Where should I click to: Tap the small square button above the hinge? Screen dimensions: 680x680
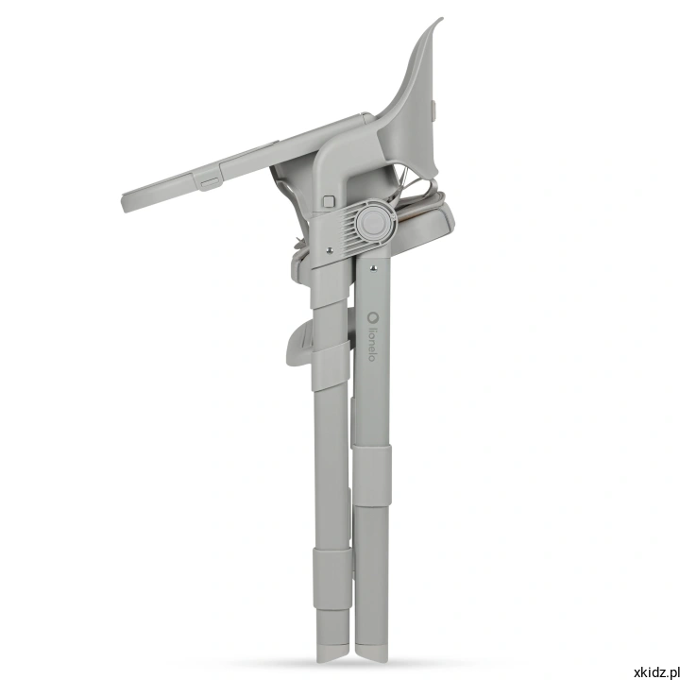(329, 201)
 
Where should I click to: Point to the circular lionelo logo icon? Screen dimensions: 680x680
(372, 317)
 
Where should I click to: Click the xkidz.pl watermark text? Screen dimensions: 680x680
(656, 672)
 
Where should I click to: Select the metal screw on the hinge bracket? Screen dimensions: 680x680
(330, 250)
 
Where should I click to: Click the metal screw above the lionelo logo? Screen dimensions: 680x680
(373, 269)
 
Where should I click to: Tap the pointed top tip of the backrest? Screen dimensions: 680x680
(441, 19)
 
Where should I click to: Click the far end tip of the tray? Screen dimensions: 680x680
(125, 203)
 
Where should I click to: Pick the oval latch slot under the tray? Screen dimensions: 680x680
(210, 182)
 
